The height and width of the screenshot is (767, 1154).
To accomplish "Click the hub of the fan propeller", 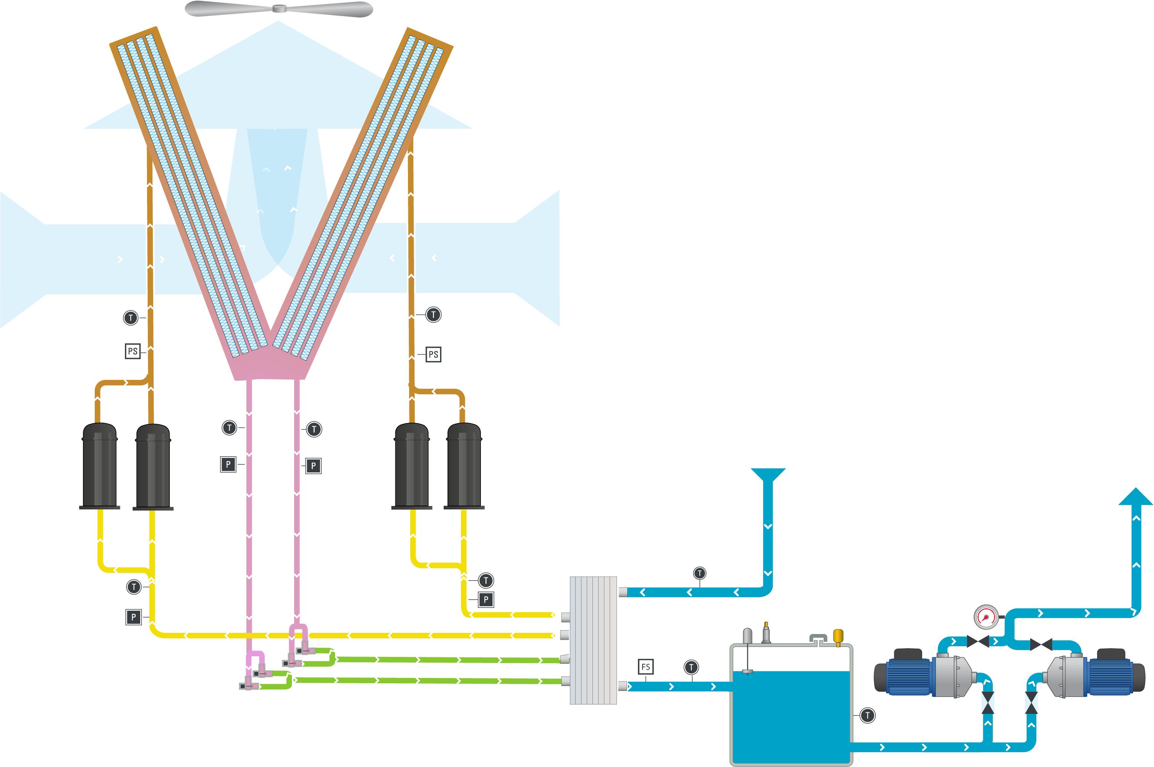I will point(279,8).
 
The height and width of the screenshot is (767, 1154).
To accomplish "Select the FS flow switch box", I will point(646,667).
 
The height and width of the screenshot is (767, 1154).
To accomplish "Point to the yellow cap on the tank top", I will point(838,636).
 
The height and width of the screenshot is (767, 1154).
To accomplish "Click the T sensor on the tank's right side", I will point(868,716).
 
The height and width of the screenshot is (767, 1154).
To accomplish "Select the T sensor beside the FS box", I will point(691,667).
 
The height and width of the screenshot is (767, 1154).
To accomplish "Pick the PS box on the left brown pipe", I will point(133,351).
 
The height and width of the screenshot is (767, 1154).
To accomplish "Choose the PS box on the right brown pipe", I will point(433,355).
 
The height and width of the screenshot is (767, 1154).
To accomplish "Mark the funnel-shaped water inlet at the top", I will point(768,475).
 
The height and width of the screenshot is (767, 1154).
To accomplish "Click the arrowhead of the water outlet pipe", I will point(1135,497).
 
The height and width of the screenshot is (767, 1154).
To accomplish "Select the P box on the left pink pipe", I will point(228,464).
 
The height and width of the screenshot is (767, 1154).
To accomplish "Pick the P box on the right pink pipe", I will point(314,466).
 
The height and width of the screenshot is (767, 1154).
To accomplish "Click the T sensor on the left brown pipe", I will point(131,318).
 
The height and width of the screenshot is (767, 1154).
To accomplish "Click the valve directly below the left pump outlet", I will point(988,703).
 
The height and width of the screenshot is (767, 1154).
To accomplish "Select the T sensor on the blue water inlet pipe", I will point(700,573).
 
